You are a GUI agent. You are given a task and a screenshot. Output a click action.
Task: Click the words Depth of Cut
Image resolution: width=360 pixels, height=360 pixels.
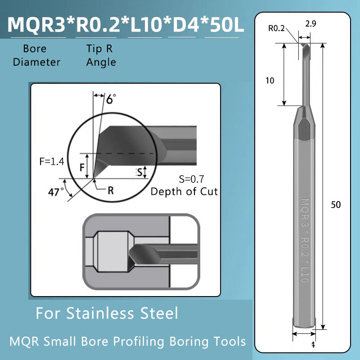click(x=184, y=191)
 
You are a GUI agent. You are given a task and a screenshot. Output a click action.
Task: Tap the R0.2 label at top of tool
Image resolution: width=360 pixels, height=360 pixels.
click(x=277, y=28)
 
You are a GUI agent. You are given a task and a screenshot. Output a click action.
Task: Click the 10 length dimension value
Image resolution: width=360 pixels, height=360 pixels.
click(x=270, y=81)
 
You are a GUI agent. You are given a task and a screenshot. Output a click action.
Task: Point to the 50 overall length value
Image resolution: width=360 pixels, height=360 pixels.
click(x=336, y=205)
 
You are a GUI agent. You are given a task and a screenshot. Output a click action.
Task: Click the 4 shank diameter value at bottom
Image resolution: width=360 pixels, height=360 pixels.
click(x=312, y=345)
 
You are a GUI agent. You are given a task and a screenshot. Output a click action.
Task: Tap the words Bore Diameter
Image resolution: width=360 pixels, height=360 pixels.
click(x=36, y=56)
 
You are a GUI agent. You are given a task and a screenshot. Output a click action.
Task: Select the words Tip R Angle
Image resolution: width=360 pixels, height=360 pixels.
click(x=101, y=56)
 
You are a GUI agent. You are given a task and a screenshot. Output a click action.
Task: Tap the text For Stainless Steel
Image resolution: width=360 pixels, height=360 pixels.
click(x=107, y=313)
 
